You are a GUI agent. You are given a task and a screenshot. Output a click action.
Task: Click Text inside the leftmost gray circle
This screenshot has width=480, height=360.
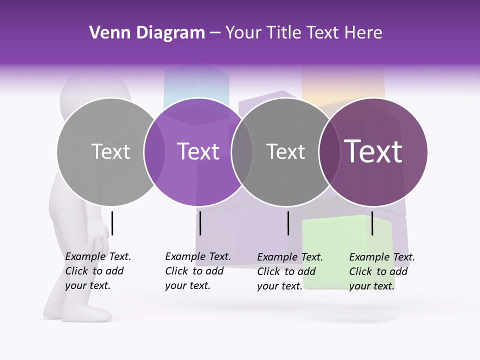coord(111,151)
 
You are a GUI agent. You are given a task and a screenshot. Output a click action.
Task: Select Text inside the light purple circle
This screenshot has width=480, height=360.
coord(198,151)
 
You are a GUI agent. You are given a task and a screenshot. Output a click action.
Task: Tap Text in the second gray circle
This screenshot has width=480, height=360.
coord(285,151)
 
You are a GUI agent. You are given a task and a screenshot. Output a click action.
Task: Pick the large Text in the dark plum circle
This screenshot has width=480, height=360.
coord(373,151)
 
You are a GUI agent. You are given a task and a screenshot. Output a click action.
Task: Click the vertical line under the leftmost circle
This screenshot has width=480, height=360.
coord(112,223)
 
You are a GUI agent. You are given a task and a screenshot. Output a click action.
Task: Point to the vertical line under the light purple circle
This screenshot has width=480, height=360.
coord(200,223)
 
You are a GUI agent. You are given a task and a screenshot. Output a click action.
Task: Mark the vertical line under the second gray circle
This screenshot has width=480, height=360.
coord(288,223)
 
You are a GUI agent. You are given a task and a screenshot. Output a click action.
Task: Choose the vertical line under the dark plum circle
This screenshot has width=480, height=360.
coord(372,223)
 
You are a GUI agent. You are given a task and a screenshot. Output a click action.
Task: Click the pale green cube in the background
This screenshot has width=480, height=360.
coord(345,235)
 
